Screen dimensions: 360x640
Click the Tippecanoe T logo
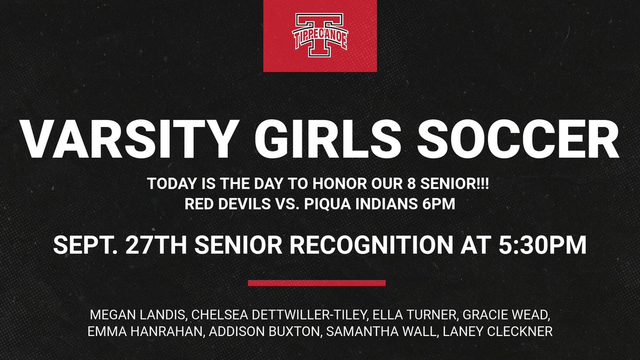320,36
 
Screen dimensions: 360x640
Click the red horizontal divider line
316,283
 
